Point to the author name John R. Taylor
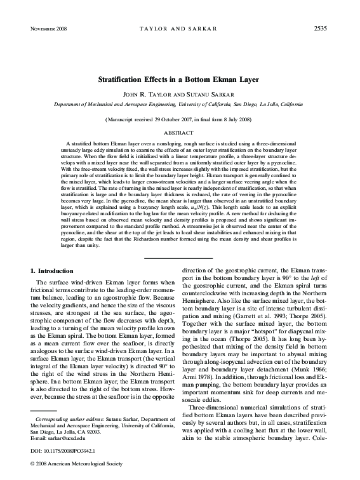pyautogui.click(x=154, y=93)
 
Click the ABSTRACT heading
pyautogui.click(x=180, y=133)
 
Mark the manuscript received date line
pyautogui.click(x=180, y=119)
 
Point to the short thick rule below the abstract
pyautogui.click(x=180, y=258)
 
